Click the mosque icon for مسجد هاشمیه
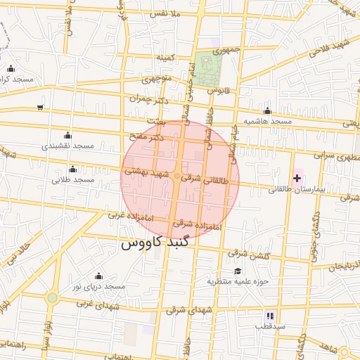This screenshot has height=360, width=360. [x=267, y=110]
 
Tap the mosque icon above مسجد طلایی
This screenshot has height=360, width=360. [x=73, y=169]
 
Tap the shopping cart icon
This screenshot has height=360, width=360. [x=40, y=108]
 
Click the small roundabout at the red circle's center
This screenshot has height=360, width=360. [x=178, y=176]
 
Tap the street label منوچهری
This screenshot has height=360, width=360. [x=157, y=79]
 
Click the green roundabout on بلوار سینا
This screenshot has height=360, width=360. [x=52, y=297]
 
